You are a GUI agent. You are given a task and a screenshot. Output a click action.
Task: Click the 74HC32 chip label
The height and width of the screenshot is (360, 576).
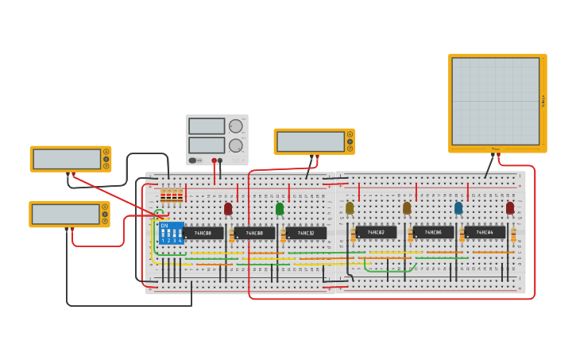coord(306,233)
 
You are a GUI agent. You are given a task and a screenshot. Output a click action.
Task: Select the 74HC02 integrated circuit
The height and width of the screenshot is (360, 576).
coord(376,232)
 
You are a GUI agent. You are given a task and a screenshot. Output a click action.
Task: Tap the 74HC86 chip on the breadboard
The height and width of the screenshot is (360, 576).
coord(433,232)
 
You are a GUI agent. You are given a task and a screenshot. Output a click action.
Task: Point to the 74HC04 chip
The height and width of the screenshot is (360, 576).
coord(485,232)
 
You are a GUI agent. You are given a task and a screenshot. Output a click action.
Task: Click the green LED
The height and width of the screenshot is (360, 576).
coord(280,208)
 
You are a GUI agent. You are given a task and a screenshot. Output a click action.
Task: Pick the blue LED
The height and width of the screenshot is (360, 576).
coord(458,207)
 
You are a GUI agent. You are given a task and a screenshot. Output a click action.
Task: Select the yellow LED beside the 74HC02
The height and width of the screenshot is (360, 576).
coord(350,207)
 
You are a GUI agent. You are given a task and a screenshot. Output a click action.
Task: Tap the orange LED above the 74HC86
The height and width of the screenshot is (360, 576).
coord(407,207)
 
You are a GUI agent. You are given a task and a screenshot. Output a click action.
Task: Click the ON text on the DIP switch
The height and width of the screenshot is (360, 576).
coord(164,226)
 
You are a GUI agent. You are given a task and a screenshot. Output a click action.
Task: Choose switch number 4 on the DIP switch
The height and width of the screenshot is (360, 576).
coord(180,234)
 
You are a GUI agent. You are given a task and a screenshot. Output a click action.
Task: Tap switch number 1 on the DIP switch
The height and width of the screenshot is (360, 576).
coord(163,234)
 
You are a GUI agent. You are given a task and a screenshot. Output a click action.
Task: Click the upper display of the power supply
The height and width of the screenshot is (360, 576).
coord(207,126)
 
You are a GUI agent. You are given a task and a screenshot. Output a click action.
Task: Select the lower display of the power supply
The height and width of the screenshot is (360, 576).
coord(207,145)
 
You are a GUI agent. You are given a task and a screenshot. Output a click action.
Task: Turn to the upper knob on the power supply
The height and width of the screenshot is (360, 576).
coord(236,126)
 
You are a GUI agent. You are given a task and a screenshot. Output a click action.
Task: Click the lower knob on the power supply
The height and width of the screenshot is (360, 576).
coord(236,145)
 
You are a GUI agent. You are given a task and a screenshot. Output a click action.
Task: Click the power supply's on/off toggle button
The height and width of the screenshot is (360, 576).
coord(193,161)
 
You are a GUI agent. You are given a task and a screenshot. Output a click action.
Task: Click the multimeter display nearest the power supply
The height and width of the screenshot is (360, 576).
coord(310,141)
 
